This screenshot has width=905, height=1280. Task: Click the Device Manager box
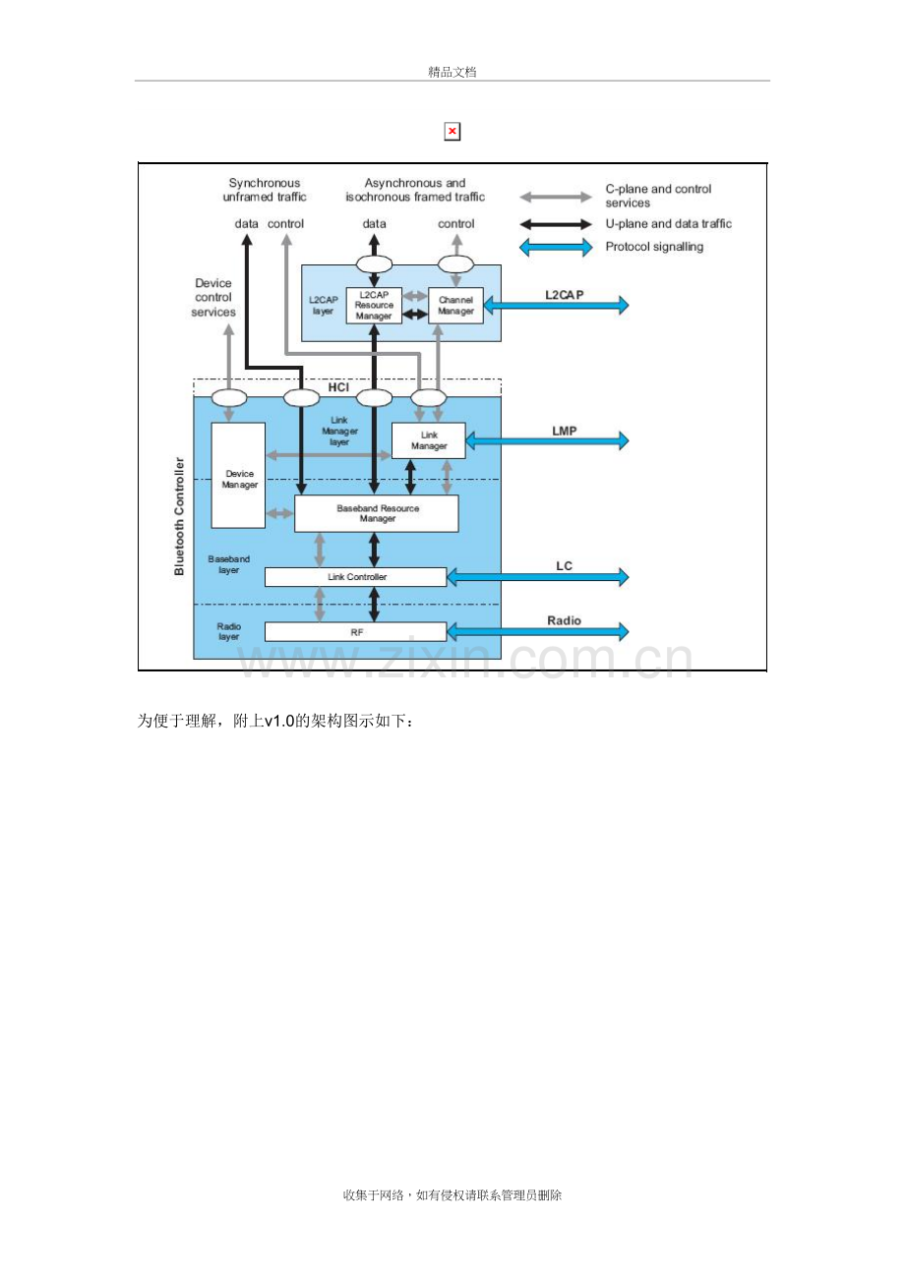[238, 475]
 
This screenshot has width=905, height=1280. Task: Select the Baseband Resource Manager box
[376, 513]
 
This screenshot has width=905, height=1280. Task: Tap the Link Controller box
[355, 576]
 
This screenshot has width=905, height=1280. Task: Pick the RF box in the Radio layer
[355, 631]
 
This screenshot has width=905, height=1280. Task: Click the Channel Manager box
[455, 305]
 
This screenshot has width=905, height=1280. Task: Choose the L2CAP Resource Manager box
[374, 305]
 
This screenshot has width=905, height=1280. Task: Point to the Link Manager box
[428, 440]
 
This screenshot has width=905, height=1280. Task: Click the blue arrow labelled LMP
[547, 440]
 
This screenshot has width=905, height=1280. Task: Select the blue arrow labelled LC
[537, 576]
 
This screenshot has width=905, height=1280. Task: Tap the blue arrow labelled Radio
[537, 631]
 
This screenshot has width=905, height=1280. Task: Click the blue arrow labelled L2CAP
[556, 305]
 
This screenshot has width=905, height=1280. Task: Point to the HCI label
[338, 387]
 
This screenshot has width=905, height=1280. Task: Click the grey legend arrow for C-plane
[555, 198]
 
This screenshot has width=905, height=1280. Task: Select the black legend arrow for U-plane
[555, 224]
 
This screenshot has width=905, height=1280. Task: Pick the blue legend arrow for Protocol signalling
[555, 248]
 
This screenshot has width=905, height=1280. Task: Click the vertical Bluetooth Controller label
[179, 516]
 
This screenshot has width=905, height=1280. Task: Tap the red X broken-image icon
[452, 132]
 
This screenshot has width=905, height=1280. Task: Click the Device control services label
[213, 297]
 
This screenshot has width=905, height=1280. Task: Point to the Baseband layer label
[228, 564]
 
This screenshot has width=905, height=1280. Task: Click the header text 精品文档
[452, 72]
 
